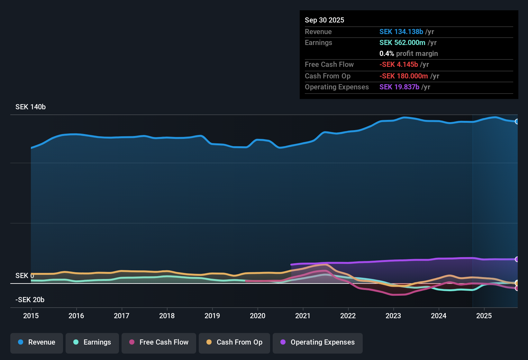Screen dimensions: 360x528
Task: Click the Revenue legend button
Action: [x=37, y=342]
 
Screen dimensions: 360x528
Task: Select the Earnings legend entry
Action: [x=92, y=342]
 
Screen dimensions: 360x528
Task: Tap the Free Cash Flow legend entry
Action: [x=159, y=342]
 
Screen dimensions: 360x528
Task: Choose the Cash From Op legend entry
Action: [x=234, y=342]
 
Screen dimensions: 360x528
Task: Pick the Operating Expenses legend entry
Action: [x=318, y=342]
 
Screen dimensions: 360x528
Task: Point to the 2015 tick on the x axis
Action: [x=31, y=316]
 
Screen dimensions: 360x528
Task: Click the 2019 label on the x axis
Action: [x=212, y=316]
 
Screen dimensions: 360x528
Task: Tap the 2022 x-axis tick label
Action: [x=348, y=316]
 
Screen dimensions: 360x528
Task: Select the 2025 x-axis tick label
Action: [x=484, y=316]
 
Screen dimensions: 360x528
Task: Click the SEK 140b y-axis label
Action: [x=31, y=107]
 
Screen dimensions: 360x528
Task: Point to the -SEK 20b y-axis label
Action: [x=30, y=300]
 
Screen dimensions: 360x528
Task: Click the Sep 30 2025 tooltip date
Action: [x=324, y=20]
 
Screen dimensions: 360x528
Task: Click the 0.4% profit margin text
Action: [x=408, y=54]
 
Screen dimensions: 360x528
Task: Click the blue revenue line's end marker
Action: [x=517, y=122]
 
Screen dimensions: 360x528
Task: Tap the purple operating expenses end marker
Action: [x=517, y=259]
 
